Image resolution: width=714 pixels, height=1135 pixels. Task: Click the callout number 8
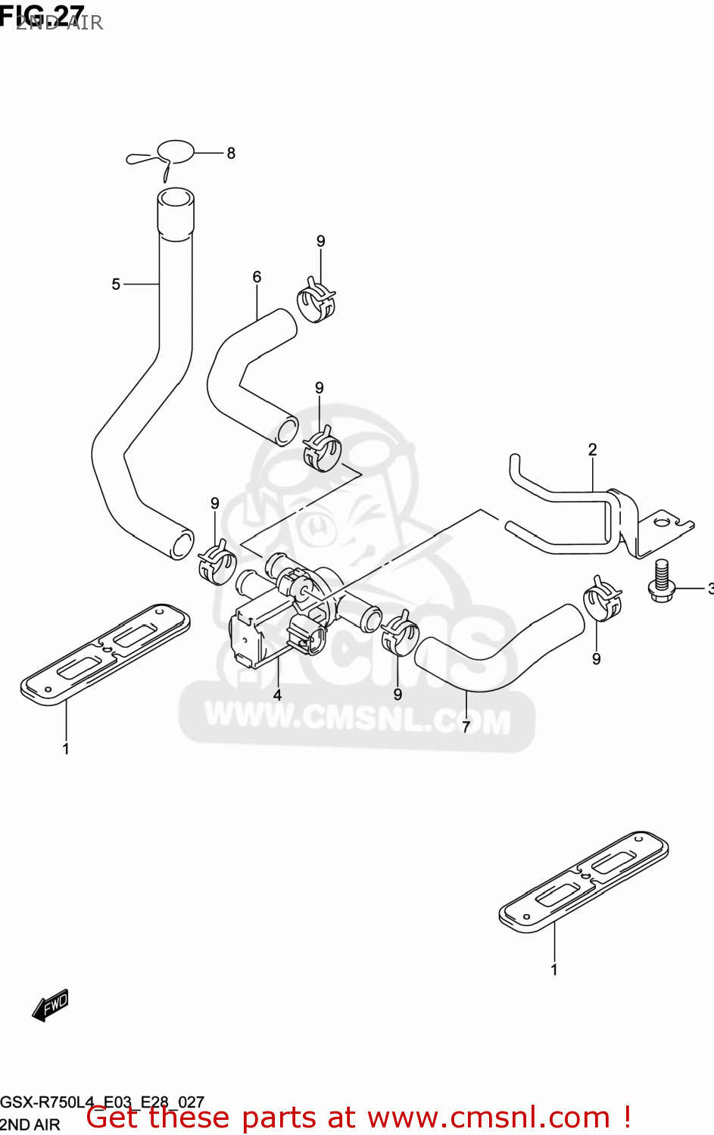coord(231,153)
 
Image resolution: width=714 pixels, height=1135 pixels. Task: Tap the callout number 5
coord(116,285)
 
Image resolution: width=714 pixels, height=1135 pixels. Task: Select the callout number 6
coord(257,277)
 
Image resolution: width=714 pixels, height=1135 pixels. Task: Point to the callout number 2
coord(592,449)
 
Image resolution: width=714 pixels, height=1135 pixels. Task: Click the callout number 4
coord(277,695)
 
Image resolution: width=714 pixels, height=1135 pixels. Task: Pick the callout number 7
coord(466,726)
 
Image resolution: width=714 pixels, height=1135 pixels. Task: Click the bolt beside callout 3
coord(661,580)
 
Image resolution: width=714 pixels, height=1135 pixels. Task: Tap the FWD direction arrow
coord(51,1006)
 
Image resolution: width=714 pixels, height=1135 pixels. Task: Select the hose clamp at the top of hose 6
coord(315,300)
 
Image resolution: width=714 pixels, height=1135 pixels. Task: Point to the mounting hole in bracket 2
coord(663,521)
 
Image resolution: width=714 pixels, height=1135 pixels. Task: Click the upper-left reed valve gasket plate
coord(105,654)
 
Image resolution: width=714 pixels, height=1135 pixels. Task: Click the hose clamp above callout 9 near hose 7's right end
coord(603,598)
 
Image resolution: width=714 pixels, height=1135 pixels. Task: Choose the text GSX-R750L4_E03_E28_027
coord(102,1102)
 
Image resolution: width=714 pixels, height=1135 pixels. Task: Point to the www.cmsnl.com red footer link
coord(489,1117)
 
